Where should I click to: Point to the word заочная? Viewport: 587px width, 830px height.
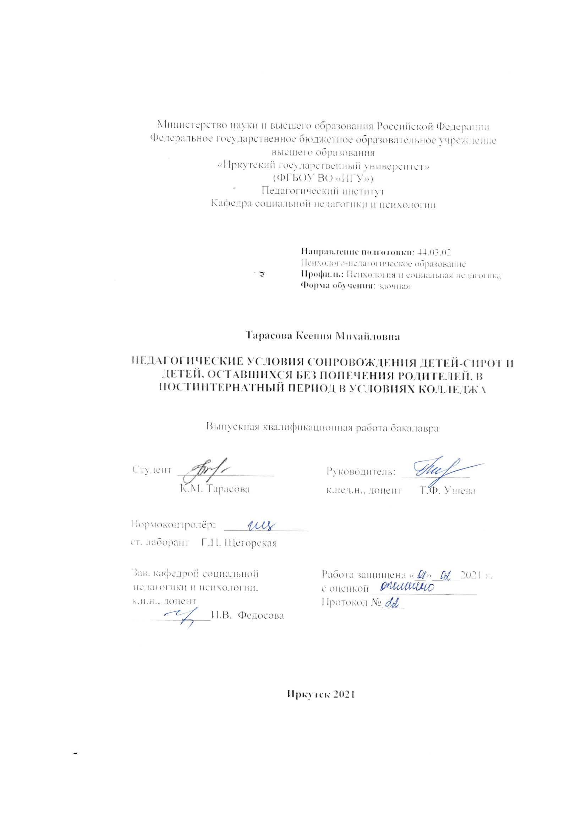pyautogui.click(x=394, y=286)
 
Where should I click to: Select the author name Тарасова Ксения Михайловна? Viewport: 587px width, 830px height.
pyautogui.click(x=323, y=336)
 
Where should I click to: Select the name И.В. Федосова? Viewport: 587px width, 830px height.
pyautogui.click(x=248, y=615)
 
